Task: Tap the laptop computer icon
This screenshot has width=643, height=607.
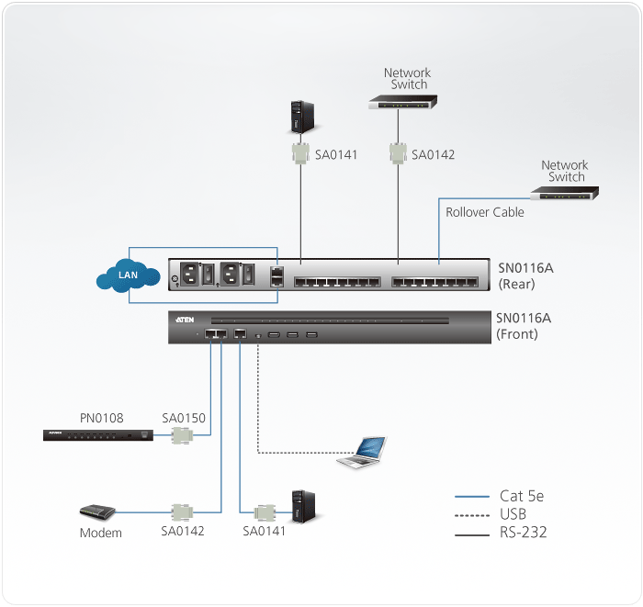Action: (x=362, y=453)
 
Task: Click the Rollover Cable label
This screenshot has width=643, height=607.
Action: (x=485, y=212)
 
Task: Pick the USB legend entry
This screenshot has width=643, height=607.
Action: (x=513, y=513)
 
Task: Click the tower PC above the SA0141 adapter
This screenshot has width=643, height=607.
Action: (x=300, y=116)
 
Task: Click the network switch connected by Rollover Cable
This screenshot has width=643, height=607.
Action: (x=565, y=193)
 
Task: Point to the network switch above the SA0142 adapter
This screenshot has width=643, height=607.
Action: (x=402, y=103)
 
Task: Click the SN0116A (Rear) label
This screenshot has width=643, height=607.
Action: (x=525, y=275)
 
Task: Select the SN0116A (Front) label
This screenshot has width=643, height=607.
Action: (x=524, y=326)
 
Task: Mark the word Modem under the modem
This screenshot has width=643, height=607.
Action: (x=100, y=534)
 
